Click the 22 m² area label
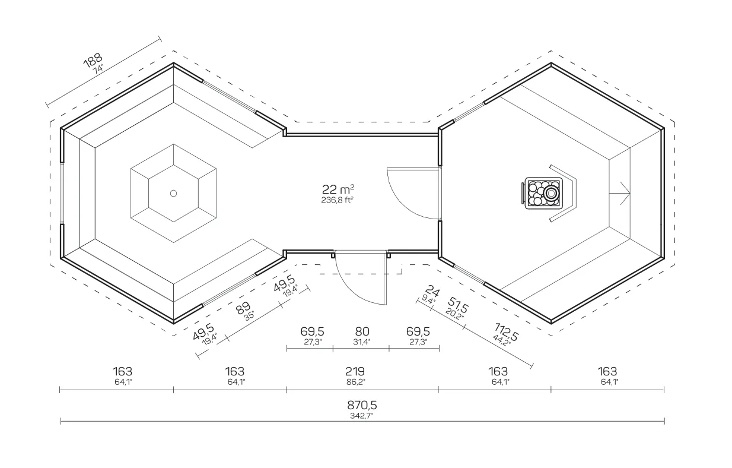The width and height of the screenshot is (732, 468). click(338, 189)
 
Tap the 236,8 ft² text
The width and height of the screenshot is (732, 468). click(338, 200)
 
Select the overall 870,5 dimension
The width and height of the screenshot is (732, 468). click(362, 405)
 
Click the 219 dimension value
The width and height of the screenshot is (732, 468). click(355, 371)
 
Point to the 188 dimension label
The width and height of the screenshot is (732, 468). click(93, 61)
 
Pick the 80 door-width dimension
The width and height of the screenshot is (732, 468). click(362, 331)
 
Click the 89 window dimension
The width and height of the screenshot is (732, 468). click(243, 307)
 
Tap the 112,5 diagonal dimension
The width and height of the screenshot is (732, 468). click(506, 332)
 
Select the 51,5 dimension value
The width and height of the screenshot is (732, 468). click(458, 305)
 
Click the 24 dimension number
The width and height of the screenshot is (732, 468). click(432, 291)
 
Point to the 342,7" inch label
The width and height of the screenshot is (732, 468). click(361, 416)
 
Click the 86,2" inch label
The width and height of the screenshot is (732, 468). click(356, 382)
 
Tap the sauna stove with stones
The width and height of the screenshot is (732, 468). click(542, 193)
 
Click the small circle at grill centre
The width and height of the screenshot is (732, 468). click(174, 194)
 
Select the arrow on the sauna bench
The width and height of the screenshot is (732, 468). click(619, 194)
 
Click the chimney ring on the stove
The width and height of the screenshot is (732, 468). click(551, 194)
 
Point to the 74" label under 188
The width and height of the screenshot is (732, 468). click(98, 69)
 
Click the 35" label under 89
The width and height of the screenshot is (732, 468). click(249, 316)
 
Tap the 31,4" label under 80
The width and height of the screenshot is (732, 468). click(362, 342)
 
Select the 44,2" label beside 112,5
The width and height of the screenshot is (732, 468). click(502, 340)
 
